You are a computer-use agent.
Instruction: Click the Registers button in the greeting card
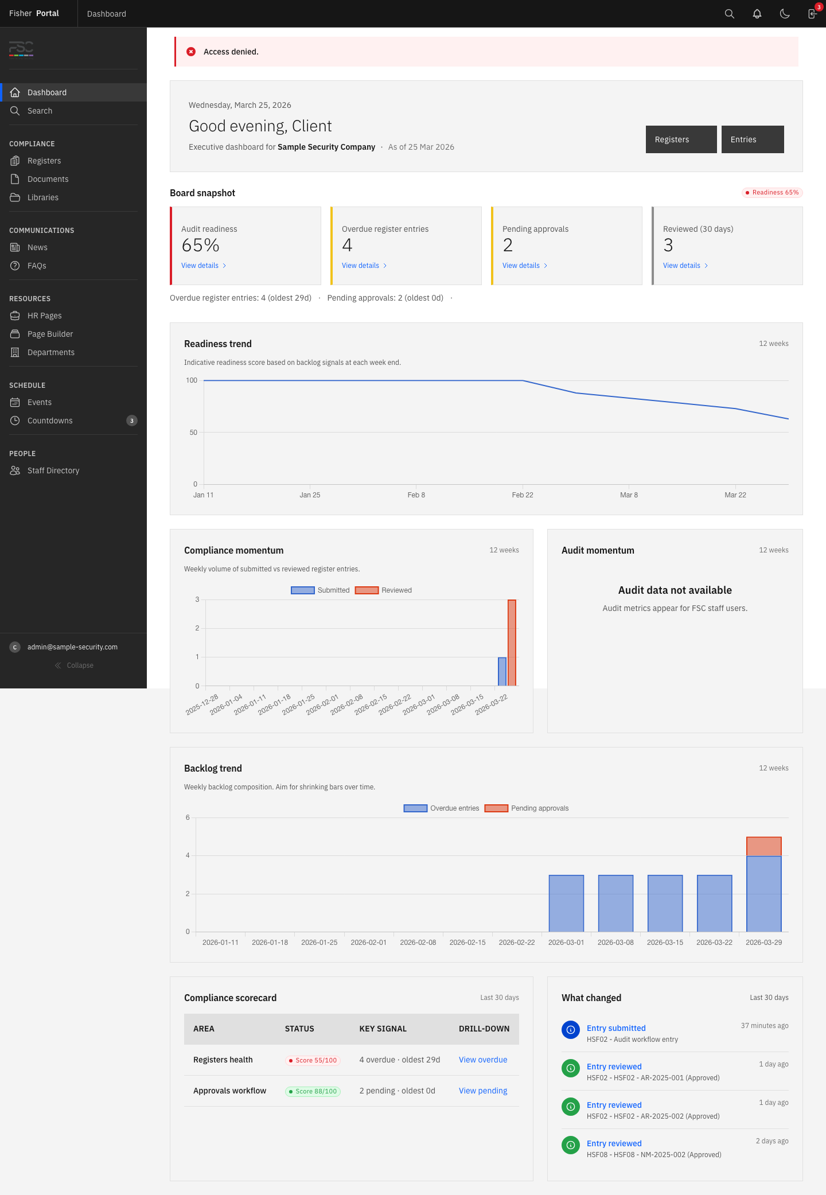pyautogui.click(x=681, y=139)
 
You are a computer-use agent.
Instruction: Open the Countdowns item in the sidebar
pyautogui.click(x=50, y=421)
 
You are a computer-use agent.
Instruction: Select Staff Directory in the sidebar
pyautogui.click(x=53, y=470)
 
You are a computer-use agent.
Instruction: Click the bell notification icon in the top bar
pyautogui.click(x=757, y=14)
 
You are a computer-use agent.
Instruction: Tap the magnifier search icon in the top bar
pyautogui.click(x=730, y=14)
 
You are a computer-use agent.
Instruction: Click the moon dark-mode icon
pyautogui.click(x=785, y=14)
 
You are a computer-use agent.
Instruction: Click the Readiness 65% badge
pyautogui.click(x=772, y=193)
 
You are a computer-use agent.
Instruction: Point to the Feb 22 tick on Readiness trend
pyautogui.click(x=523, y=495)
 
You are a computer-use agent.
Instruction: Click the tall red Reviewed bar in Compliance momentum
pyautogui.click(x=512, y=643)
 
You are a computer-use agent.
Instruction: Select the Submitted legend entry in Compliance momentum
pyautogui.click(x=321, y=590)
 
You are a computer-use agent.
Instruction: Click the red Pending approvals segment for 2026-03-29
pyautogui.click(x=763, y=846)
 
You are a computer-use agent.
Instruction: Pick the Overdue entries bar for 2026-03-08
pyautogui.click(x=615, y=903)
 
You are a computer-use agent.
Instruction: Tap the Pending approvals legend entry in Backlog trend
pyautogui.click(x=527, y=808)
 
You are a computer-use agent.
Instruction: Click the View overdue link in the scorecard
pyautogui.click(x=483, y=1060)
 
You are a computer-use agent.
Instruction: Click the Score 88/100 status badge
pyautogui.click(x=313, y=1091)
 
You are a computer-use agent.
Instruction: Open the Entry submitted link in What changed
pyautogui.click(x=616, y=1028)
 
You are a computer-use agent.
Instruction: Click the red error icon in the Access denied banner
pyautogui.click(x=191, y=52)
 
